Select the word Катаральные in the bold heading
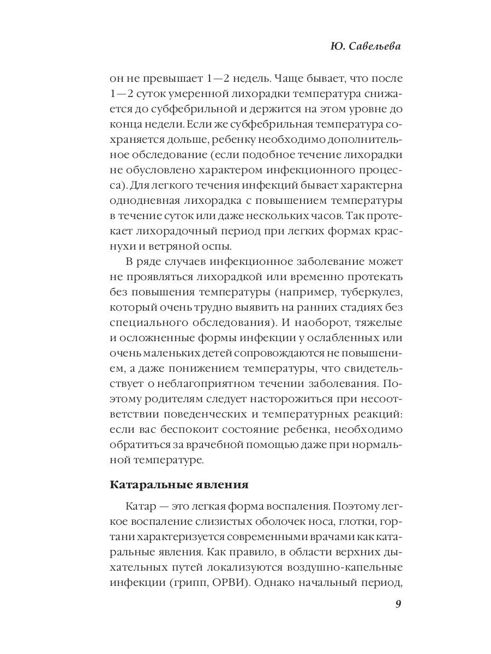click(143, 484)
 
